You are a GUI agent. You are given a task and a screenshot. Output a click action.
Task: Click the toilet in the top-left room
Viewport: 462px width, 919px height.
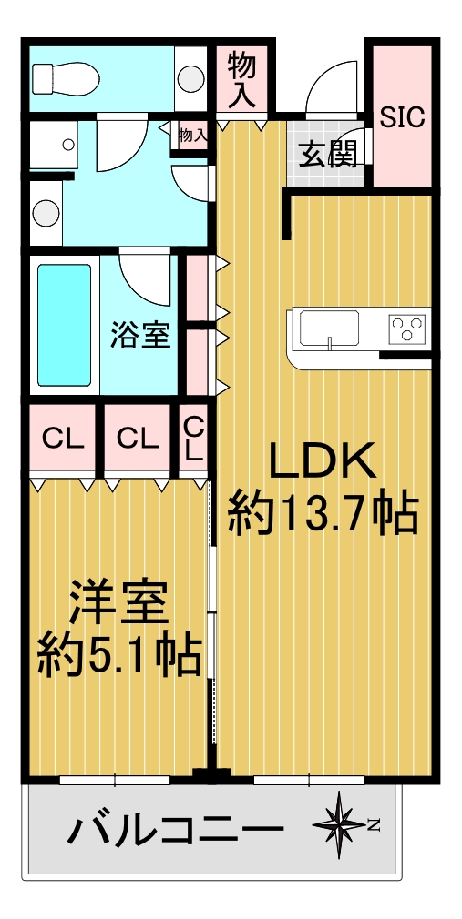tap(66, 78)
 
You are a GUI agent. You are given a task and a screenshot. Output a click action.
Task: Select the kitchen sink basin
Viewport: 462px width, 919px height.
tap(329, 328)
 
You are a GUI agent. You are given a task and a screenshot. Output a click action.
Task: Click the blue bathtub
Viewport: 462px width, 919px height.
tap(65, 325)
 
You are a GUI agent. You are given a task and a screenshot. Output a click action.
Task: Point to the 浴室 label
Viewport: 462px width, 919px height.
tap(141, 336)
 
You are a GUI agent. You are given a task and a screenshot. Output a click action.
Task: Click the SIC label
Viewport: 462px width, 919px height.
tap(402, 118)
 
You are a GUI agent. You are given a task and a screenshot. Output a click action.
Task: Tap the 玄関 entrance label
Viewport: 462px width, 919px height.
tap(329, 155)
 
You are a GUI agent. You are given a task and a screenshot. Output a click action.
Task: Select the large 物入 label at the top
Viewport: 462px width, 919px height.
tap(241, 80)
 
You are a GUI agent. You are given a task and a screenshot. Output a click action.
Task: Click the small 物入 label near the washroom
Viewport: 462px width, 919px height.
tap(192, 136)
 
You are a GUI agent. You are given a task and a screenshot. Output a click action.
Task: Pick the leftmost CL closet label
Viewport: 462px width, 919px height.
tap(62, 438)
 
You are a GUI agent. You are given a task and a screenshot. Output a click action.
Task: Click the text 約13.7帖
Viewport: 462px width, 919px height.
tap(323, 514)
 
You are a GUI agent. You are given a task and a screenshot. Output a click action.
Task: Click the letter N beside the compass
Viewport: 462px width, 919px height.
tap(374, 826)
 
